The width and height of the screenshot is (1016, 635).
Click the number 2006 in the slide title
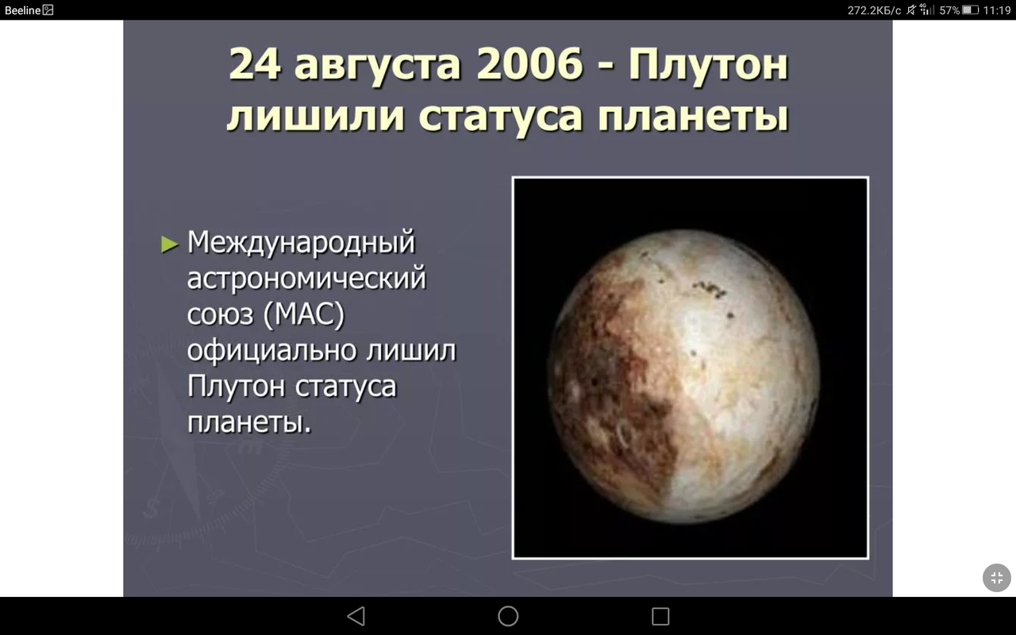[529, 63]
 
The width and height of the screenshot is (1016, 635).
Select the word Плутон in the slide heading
[709, 63]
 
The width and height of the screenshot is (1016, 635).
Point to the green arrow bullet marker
[169, 244]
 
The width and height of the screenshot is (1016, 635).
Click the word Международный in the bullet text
[302, 242]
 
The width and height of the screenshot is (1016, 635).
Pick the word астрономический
[306, 279]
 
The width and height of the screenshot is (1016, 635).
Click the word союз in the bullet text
[217, 315]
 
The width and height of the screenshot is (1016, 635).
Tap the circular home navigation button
[508, 616]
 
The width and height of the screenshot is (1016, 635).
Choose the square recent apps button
[660, 616]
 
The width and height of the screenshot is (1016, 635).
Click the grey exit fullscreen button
[997, 578]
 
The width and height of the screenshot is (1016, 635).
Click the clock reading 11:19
[997, 10]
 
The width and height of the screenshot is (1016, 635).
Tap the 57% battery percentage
[949, 10]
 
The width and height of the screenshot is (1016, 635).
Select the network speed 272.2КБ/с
[874, 10]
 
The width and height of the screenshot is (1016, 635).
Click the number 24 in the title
[254, 63]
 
